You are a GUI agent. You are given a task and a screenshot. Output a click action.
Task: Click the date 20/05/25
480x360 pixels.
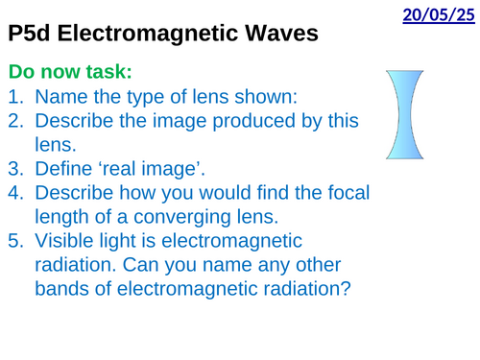pyautogui.click(x=439, y=15)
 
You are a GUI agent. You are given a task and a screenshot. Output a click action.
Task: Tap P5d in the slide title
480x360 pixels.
pyautogui.click(x=29, y=33)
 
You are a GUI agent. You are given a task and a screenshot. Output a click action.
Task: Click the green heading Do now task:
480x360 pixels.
pyautogui.click(x=70, y=71)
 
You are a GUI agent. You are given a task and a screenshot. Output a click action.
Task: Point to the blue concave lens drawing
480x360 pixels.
pyautogui.click(x=405, y=114)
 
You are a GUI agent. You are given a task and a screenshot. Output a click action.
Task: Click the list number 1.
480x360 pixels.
pyautogui.click(x=16, y=96)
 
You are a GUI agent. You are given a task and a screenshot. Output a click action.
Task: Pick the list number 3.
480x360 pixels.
pyautogui.click(x=16, y=168)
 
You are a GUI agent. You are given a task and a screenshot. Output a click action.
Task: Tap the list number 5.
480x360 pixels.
pyautogui.click(x=16, y=240)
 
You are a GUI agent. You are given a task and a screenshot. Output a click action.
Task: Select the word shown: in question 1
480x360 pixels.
pyautogui.click(x=266, y=96)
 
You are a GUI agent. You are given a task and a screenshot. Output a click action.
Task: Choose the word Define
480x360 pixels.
pyautogui.click(x=63, y=168)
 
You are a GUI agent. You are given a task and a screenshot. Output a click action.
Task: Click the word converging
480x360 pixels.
pyautogui.click(x=181, y=218)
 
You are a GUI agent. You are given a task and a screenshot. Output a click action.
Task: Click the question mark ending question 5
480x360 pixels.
pyautogui.click(x=347, y=288)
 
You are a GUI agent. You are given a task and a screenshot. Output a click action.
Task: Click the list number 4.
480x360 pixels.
pyautogui.click(x=16, y=192)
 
